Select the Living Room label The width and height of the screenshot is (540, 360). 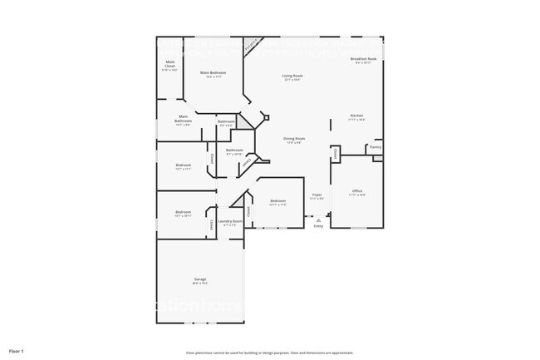(x=292, y=76)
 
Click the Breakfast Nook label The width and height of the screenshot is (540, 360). (x=366, y=59)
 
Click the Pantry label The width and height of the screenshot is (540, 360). (x=376, y=147)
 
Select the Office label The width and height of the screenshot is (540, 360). (x=357, y=191)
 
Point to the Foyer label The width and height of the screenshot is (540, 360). (x=317, y=195)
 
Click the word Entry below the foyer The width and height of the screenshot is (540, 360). (x=318, y=225)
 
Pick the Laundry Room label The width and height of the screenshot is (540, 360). (x=230, y=221)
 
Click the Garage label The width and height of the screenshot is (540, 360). (x=200, y=279)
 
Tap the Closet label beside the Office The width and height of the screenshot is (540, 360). (x=336, y=154)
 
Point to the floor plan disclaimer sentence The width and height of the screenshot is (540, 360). (x=269, y=352)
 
